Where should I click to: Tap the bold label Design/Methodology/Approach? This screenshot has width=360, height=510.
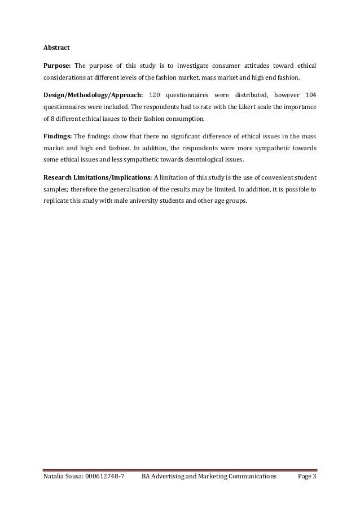click(93, 93)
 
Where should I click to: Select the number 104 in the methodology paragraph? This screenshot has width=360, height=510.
click(310, 93)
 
